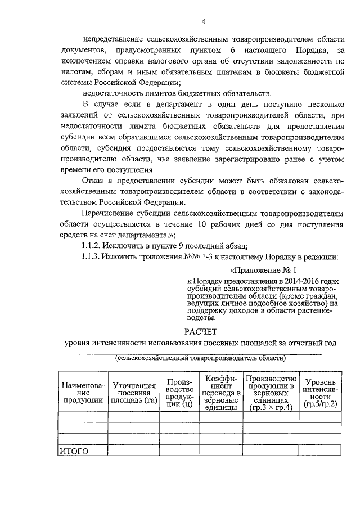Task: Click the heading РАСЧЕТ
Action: point(201,331)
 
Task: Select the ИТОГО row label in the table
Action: point(74,451)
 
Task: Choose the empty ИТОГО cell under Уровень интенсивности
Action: point(319,451)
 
